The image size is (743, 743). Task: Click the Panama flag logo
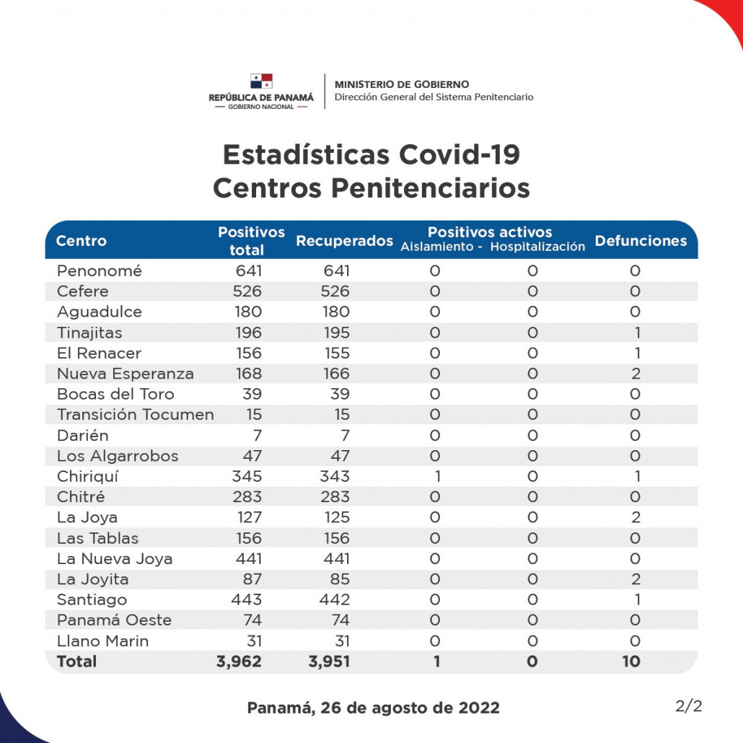261,81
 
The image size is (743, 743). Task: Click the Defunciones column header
641,241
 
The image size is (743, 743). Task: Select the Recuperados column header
344,241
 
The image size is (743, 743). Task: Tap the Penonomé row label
100,271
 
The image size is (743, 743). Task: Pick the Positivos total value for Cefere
247,291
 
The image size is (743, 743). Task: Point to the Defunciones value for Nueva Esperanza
636,374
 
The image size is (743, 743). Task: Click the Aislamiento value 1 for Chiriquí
437,476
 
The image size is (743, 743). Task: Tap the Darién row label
83,435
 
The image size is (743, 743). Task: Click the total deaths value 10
630,661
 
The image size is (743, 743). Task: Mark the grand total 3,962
239,661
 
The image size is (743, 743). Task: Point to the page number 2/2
688,706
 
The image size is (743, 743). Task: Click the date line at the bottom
373,708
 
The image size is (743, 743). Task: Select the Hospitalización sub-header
537,247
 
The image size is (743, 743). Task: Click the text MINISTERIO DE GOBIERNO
402,84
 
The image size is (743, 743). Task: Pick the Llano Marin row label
102,641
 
